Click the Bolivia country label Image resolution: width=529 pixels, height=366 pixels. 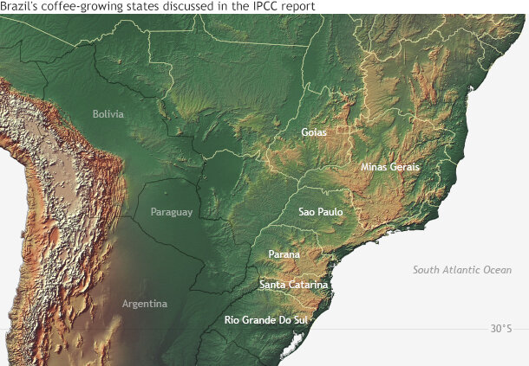point(109,114)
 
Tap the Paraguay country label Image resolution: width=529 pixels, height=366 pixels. point(171,212)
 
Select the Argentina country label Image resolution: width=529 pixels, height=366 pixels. point(145,304)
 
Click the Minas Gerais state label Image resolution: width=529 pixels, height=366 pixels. point(390,166)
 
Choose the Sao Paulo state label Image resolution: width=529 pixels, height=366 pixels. point(321,211)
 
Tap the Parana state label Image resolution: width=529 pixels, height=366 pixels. point(284,254)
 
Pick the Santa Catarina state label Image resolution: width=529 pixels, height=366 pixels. point(293,285)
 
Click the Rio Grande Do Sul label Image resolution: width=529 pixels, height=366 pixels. point(266,320)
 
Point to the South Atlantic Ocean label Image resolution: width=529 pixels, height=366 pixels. point(462,270)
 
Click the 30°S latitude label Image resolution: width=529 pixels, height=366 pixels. point(501,329)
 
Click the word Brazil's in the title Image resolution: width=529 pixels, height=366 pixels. point(21,7)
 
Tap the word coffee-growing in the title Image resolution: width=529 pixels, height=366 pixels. point(82,7)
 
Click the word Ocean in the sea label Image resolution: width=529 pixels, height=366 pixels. point(497,270)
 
